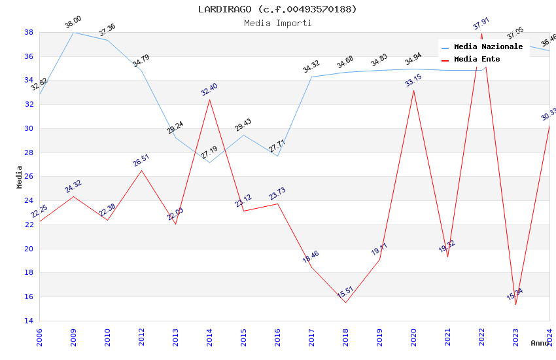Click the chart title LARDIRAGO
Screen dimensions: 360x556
click(277, 9)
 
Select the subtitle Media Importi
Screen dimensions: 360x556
click(277, 23)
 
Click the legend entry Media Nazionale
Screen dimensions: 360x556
click(488, 47)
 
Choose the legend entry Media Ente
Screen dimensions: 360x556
click(477, 60)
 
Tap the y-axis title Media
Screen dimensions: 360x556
click(20, 177)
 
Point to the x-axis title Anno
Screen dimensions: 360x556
click(540, 343)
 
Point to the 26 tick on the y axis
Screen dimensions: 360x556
click(29, 177)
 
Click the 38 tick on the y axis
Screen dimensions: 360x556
click(29, 32)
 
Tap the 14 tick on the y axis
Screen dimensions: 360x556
click(29, 321)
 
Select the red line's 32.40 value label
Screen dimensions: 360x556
click(209, 90)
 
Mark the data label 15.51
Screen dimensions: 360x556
click(345, 293)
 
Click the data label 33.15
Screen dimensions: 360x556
click(413, 81)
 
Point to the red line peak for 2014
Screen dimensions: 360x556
click(209, 99)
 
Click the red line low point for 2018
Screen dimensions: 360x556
click(345, 302)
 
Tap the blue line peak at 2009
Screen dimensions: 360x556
click(73, 32)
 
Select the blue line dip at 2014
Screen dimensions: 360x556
click(209, 162)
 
